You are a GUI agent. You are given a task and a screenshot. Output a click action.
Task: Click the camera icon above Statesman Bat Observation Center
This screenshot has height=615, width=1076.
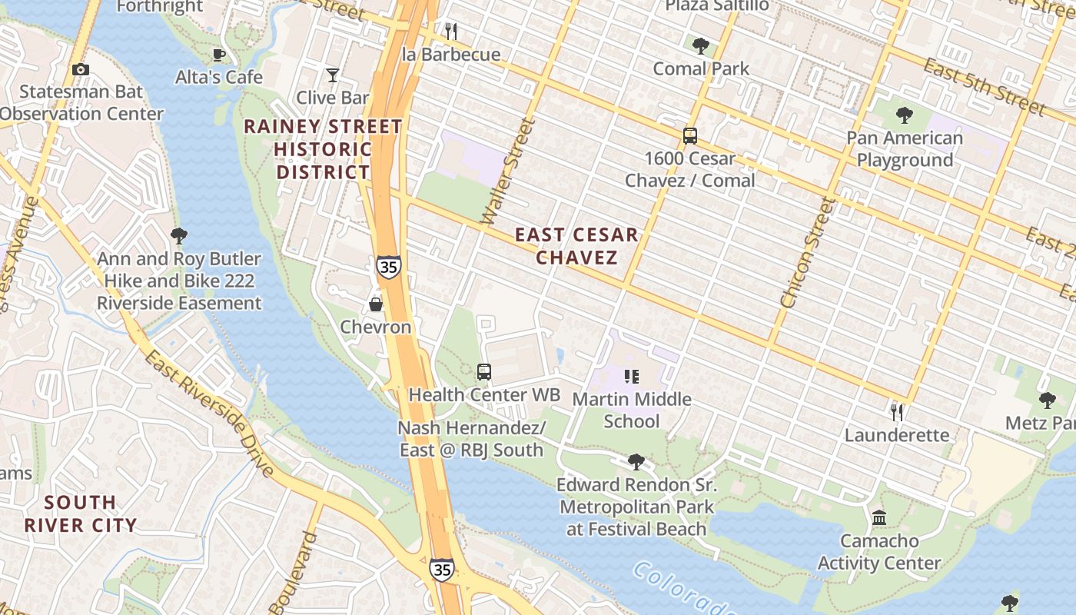(81, 70)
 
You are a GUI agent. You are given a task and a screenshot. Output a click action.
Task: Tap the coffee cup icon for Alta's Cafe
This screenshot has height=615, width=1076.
(219, 55)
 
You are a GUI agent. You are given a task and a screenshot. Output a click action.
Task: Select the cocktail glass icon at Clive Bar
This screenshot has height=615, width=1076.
(333, 75)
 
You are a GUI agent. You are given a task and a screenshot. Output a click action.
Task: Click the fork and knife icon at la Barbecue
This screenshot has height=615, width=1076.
(451, 32)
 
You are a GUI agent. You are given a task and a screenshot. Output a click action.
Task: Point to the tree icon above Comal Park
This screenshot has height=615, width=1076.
(700, 46)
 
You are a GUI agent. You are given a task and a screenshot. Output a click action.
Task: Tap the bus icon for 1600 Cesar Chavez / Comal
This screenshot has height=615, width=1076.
(690, 136)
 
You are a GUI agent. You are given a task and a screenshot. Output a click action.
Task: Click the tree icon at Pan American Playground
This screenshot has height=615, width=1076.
(904, 115)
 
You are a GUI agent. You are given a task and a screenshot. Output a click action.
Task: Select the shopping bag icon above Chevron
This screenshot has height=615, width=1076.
(376, 304)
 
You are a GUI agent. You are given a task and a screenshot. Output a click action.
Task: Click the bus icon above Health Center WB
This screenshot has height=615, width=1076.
(484, 372)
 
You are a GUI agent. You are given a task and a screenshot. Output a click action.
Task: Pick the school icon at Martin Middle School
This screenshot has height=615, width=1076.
(632, 377)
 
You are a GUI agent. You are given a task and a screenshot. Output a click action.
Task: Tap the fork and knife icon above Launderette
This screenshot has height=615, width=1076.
(896, 413)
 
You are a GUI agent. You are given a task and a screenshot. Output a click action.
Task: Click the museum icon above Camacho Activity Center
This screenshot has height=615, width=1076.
(879, 518)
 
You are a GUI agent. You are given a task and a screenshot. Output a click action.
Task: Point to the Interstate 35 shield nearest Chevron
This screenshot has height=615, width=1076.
(388, 267)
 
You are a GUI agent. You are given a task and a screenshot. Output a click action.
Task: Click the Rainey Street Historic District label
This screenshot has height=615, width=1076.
(323, 149)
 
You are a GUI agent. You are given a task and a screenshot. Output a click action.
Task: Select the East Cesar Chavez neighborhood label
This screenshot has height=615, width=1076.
(576, 246)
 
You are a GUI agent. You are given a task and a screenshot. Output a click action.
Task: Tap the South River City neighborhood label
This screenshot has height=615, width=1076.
(80, 514)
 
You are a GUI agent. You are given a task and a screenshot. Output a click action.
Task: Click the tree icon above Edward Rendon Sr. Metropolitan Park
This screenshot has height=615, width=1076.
(636, 462)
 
